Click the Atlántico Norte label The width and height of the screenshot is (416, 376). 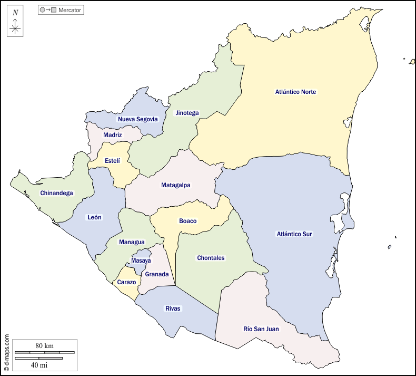click(295, 92)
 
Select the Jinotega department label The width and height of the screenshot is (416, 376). click(187, 113)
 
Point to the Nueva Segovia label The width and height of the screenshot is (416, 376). click(137, 119)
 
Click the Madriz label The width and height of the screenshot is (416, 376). click(113, 135)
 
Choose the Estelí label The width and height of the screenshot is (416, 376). click(112, 161)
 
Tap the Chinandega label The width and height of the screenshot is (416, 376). click(56, 193)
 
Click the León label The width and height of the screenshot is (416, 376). click(95, 217)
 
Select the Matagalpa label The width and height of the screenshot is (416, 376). click(176, 185)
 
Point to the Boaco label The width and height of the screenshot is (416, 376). click(187, 221)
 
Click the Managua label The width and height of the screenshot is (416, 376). click(132, 242)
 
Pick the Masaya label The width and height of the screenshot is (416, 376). click(141, 261)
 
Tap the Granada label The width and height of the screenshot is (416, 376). click(157, 274)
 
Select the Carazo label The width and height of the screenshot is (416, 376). click(126, 282)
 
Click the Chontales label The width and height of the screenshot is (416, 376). click(211, 258)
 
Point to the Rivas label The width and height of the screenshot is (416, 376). click(173, 308)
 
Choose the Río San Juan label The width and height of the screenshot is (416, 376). click(261, 329)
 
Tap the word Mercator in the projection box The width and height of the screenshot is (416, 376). click(70, 10)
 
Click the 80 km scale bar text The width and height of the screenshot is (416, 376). click(45, 345)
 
